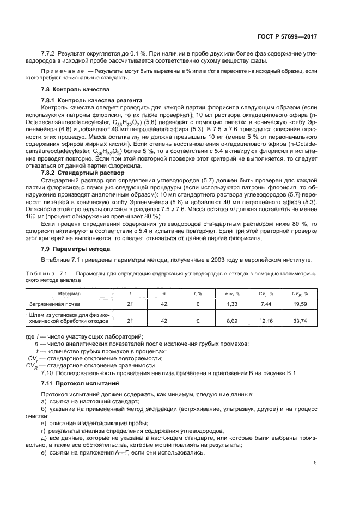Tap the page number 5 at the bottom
(315, 463)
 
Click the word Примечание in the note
(62, 71)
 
